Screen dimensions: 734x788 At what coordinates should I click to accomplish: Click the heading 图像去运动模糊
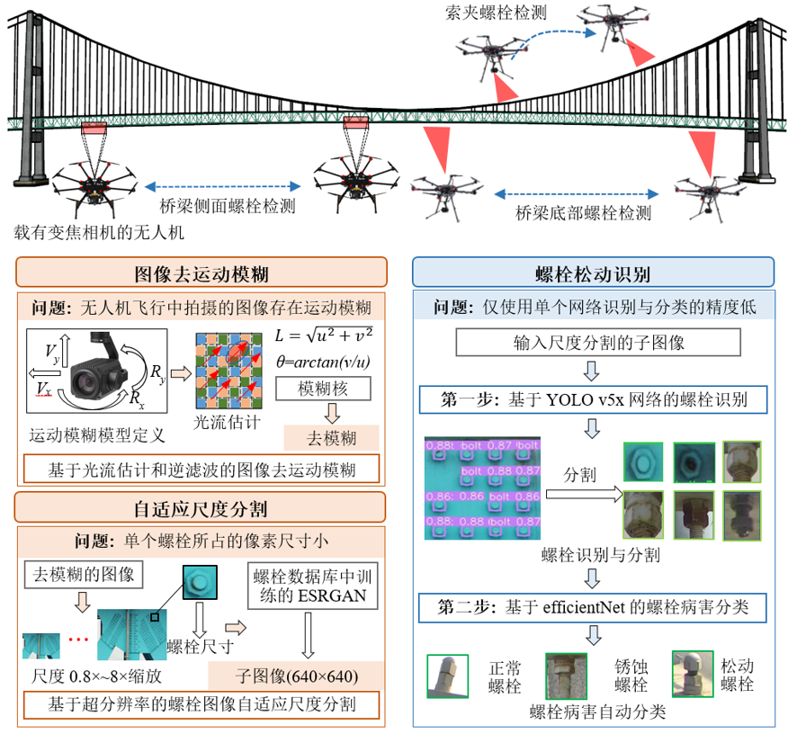[x=201, y=273]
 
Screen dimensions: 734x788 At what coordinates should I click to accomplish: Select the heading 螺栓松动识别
[x=593, y=273]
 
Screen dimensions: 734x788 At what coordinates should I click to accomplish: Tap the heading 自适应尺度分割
[x=201, y=506]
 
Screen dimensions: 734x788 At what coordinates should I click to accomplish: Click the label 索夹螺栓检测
[x=496, y=13]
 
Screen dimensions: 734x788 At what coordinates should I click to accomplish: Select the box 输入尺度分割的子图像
[x=597, y=343]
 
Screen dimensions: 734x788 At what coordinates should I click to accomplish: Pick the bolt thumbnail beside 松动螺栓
[x=692, y=673]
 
